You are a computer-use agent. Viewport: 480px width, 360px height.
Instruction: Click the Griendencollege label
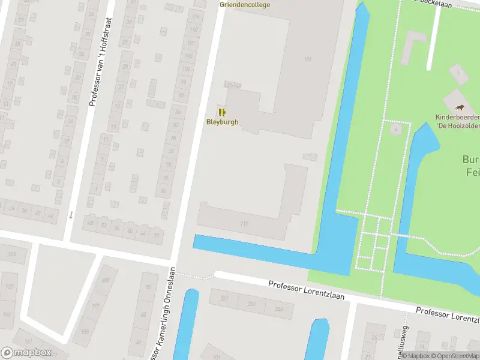pyautogui.click(x=245, y=5)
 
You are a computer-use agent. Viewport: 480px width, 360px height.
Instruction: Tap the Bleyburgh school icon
pyautogui.click(x=222, y=112)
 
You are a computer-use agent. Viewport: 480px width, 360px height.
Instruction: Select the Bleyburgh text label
pyautogui.click(x=222, y=122)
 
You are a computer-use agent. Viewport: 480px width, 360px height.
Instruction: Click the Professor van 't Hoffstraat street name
pyautogui.click(x=93, y=62)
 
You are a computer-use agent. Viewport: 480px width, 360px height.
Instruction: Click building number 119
pyautogui.click(x=244, y=224)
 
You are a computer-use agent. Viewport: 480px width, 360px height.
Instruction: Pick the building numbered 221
pyautogui.click(x=224, y=298)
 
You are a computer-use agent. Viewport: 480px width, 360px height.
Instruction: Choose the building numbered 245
pyautogui.click(x=278, y=309)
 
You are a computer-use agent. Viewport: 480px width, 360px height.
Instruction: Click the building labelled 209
pyautogui.click(x=106, y=280)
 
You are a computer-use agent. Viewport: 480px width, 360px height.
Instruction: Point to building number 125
pyautogui.click(x=11, y=254)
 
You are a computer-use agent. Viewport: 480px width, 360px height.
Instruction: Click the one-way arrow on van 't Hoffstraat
pyautogui.click(x=71, y=215)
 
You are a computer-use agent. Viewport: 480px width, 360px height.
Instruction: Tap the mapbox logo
pyautogui.click(x=26, y=353)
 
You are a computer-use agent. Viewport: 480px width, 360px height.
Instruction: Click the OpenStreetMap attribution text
pyautogui.click(x=449, y=356)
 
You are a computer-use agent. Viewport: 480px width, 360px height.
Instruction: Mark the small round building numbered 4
pyautogui.click(x=395, y=130)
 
